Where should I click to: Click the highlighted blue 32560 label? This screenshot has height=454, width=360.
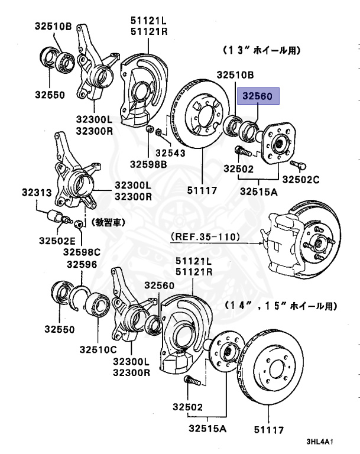pos(257,96)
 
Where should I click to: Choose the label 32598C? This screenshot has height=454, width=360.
pos(84,252)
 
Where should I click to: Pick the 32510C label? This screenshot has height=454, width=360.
pos(99,349)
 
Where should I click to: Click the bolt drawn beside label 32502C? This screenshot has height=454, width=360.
pos(297,163)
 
